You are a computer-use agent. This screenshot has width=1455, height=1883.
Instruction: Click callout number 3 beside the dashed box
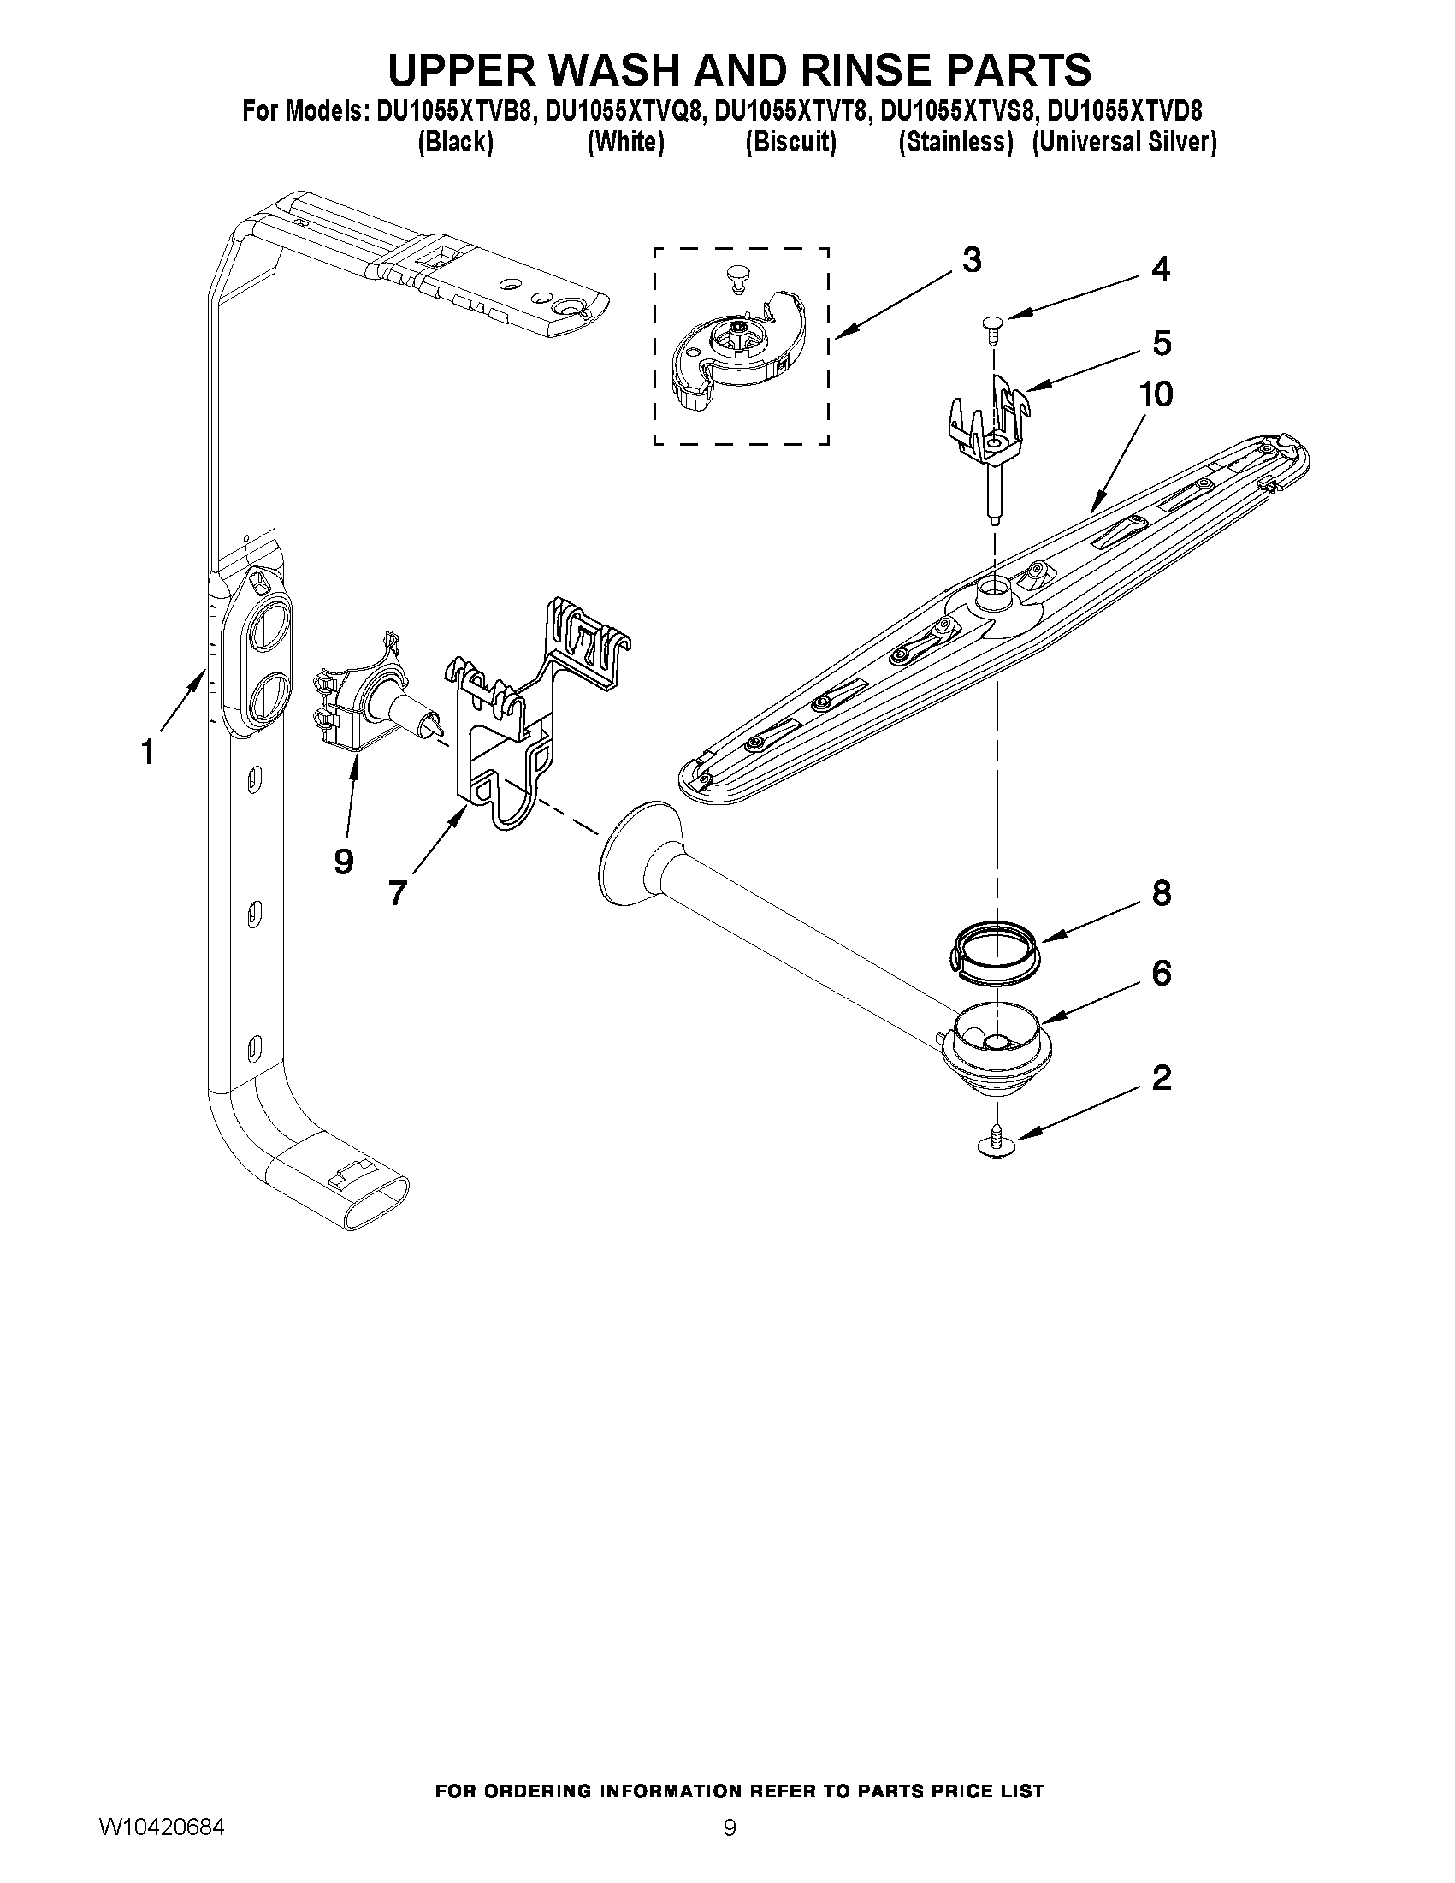pyautogui.click(x=972, y=259)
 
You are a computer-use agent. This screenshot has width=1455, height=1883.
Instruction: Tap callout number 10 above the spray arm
pyautogui.click(x=1156, y=395)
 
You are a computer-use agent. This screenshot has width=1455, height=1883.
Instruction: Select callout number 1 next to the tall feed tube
pyautogui.click(x=148, y=752)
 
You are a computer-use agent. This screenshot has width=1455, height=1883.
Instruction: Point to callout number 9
pyautogui.click(x=343, y=861)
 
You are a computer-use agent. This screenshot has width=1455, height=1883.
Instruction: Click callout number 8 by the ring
pyautogui.click(x=1161, y=893)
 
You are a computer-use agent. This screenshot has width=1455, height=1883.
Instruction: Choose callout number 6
pyautogui.click(x=1161, y=974)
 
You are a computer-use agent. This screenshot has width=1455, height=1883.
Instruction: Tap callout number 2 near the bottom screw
pyautogui.click(x=1161, y=1078)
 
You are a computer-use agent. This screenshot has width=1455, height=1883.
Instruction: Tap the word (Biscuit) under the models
pyautogui.click(x=790, y=142)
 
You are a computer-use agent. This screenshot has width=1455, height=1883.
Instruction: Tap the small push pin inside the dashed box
pyautogui.click(x=735, y=275)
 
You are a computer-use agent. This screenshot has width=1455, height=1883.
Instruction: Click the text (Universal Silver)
pyautogui.click(x=1124, y=142)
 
